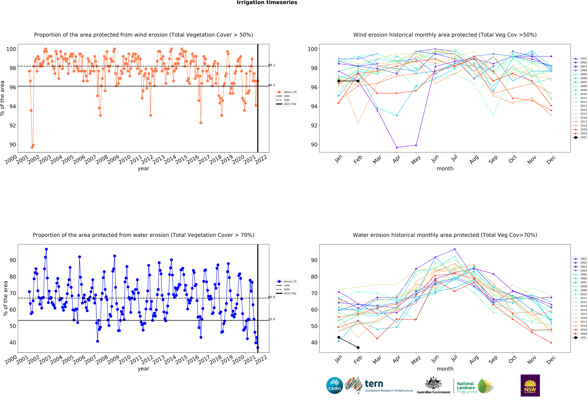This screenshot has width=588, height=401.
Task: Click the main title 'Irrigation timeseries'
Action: click(267, 3)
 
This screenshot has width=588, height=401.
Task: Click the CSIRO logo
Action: click(334, 386)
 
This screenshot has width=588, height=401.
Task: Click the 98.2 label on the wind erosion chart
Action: click(272, 65)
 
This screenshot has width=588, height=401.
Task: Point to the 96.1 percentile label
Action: click(272, 85)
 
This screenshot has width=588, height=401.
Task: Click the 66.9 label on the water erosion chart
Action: click(272, 297)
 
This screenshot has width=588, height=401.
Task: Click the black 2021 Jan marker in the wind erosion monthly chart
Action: click(339, 81)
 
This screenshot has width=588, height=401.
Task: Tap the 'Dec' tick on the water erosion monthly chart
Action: click(551, 360)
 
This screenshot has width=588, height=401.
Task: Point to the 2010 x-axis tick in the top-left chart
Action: click(124, 159)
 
